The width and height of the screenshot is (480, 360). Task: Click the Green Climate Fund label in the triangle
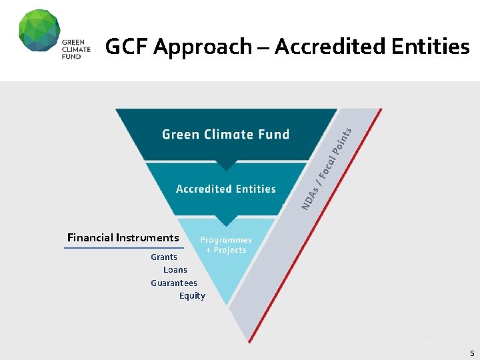point(226,134)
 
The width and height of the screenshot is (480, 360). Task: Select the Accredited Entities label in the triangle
point(226,189)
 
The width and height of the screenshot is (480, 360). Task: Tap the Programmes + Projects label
point(226,245)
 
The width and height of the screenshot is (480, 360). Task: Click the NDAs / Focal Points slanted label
point(326,169)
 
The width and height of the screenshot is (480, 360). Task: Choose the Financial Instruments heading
point(123,237)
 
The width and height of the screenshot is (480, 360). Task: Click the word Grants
point(164,257)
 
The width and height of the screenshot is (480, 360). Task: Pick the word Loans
point(175,270)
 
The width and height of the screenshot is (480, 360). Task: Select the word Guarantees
point(174,283)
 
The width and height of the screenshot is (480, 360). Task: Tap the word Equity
point(192,295)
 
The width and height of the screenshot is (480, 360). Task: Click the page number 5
point(471,353)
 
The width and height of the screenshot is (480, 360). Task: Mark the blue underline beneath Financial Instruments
point(123,248)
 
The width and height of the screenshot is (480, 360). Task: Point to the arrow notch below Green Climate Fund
point(226,165)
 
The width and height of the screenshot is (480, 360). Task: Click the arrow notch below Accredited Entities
point(226,221)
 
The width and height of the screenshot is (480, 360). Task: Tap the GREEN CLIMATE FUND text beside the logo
point(76,49)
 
